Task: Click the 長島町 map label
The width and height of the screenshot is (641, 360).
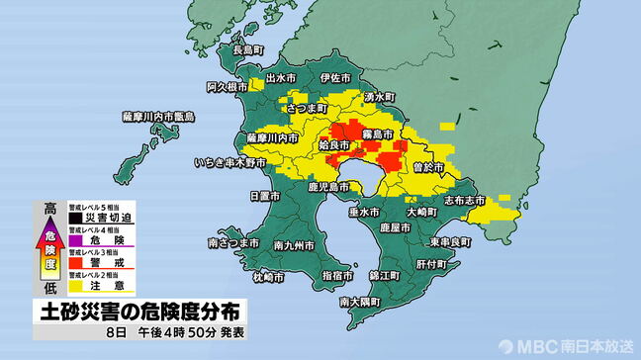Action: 247,49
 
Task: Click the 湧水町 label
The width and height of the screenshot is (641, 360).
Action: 379,97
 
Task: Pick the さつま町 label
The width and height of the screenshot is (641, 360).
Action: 306,107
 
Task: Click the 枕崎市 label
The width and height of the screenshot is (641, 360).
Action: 267,277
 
